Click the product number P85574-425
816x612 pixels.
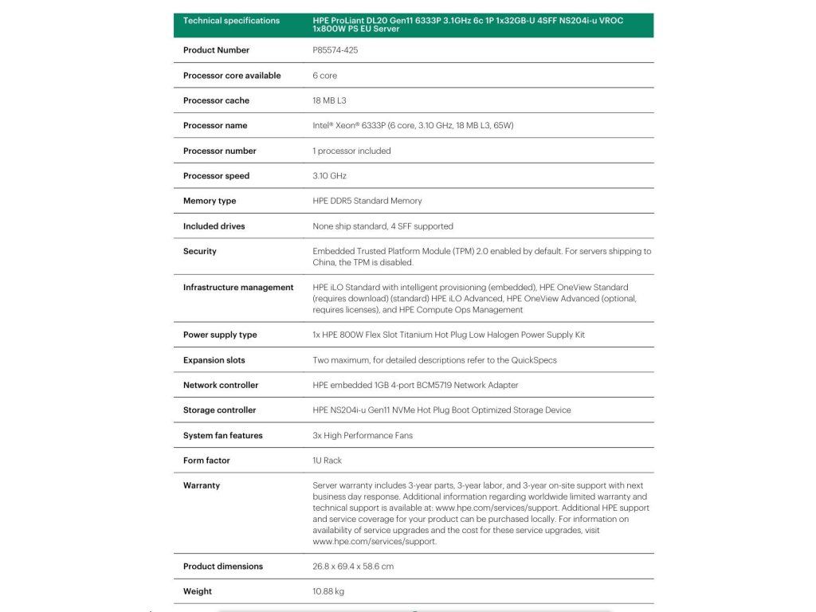point(335,50)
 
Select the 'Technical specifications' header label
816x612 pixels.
point(231,21)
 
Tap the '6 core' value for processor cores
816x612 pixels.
point(325,76)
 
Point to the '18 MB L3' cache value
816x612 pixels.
point(329,100)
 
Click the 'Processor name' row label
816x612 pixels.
point(215,126)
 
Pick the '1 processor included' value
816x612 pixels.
point(351,151)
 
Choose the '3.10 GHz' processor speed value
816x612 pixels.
point(329,176)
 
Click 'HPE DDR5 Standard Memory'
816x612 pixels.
point(367,201)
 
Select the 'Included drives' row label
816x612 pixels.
point(214,226)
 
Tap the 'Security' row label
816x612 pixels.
point(200,251)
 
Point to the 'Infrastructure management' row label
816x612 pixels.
point(238,288)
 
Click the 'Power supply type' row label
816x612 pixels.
point(220,335)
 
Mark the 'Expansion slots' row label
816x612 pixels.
point(215,360)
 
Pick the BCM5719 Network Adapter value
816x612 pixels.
point(415,385)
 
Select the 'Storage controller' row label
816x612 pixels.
point(220,410)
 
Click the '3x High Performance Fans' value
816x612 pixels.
point(363,436)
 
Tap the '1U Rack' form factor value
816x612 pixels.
point(328,461)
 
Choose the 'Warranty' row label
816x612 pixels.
point(202,485)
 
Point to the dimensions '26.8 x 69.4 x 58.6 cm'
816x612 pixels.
point(353,567)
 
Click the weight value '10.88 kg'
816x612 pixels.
point(328,591)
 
